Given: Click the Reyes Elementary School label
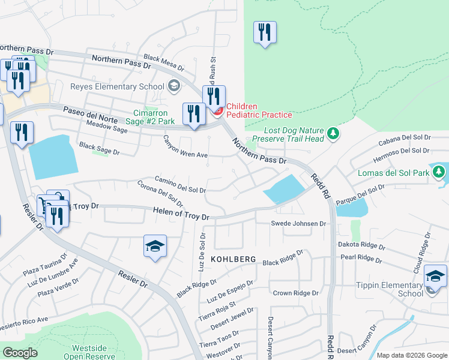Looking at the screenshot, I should point(113,86).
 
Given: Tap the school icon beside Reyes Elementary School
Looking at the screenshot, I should point(174,86).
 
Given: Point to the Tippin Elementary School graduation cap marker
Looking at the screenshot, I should point(435,276).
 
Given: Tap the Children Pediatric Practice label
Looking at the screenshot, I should point(259,110).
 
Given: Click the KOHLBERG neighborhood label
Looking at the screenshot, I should point(234,259).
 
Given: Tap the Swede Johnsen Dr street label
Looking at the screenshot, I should point(297,224).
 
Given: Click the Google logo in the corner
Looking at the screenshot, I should point(20,353).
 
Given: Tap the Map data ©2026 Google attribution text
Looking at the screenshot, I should point(412,355).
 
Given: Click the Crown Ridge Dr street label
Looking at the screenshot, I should point(295,293).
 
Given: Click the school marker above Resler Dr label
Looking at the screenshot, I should point(155,247).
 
